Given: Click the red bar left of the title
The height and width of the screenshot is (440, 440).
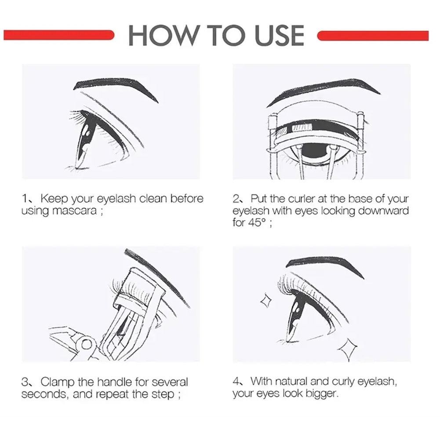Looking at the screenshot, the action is pyautogui.click(x=59, y=35).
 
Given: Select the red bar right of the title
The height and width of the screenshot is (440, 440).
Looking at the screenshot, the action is pyautogui.click(x=373, y=36).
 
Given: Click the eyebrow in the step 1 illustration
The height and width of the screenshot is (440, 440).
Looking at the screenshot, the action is pyautogui.click(x=115, y=87).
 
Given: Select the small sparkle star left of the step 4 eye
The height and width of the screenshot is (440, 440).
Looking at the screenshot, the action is pyautogui.click(x=266, y=301).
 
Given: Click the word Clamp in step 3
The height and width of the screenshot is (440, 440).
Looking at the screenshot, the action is pyautogui.click(x=58, y=382).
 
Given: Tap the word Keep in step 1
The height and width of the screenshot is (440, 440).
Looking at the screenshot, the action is pyautogui.click(x=54, y=199).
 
